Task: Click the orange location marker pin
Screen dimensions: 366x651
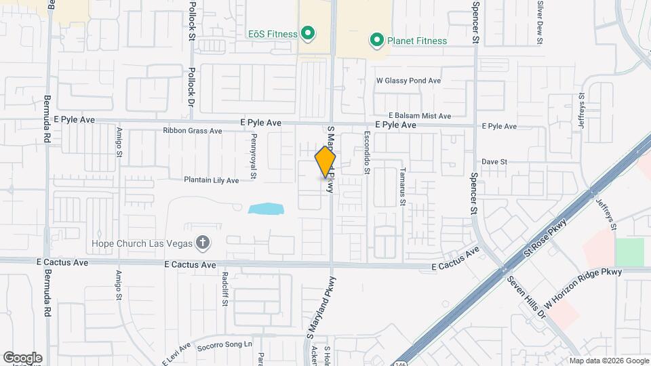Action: click(325, 161)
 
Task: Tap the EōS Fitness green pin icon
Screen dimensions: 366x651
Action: click(307, 33)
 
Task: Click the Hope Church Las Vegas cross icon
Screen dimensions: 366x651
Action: click(201, 243)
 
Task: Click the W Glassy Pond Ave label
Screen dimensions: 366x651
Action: click(409, 81)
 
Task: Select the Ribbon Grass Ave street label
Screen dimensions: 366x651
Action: click(193, 131)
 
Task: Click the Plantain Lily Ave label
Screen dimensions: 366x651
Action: click(212, 180)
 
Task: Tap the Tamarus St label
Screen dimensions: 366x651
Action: click(402, 186)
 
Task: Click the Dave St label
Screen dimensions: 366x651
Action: click(494, 162)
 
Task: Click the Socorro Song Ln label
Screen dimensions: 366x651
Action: click(225, 345)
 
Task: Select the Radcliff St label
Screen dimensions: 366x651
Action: click(224, 289)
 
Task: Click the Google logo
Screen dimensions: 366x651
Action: click(22, 357)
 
